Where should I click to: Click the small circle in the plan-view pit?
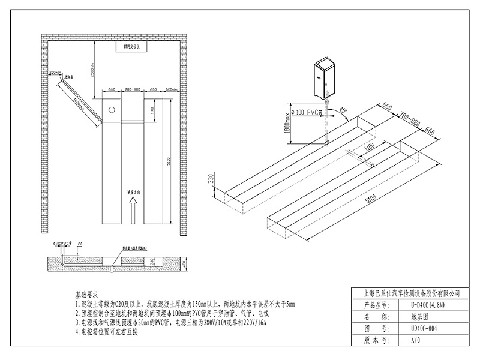(111, 110)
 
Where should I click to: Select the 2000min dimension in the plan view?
(94, 70)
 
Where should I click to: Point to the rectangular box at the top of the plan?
(131, 46)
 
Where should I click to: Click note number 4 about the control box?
(107, 332)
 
